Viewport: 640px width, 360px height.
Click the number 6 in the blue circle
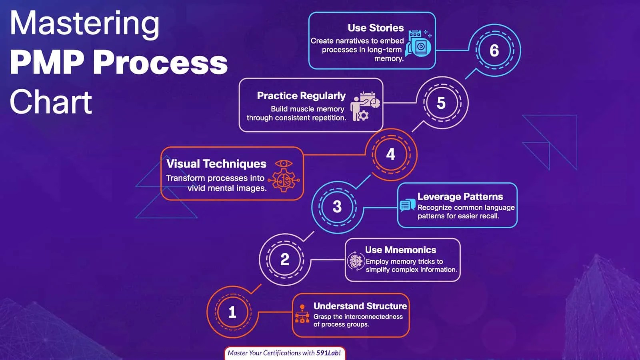pos(494,51)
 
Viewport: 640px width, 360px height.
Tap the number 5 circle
pos(441,103)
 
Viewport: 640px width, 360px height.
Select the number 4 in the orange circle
pos(391,154)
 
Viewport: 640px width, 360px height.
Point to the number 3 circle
pos(337,206)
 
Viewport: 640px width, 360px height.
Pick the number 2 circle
pos(284,259)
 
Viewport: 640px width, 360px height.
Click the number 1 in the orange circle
pos(232,312)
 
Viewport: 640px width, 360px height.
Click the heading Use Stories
pos(376,28)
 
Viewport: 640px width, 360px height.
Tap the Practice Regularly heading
pos(301,96)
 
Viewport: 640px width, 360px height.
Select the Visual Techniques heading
pos(216,164)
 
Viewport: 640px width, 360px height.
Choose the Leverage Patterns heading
pos(460,197)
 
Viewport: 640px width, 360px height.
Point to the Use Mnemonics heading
pos(400,250)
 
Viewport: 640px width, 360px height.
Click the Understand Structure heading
pos(360,306)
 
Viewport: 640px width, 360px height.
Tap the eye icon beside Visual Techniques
pos(284,164)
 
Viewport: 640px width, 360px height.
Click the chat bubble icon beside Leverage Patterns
pos(407,205)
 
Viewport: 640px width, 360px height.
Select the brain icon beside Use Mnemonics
pos(355,261)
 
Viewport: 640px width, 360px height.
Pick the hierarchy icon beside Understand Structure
pos(302,314)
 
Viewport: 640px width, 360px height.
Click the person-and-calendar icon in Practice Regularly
pos(364,106)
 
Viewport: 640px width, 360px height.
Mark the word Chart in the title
pos(51,102)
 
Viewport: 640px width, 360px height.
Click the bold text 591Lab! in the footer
pos(328,353)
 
